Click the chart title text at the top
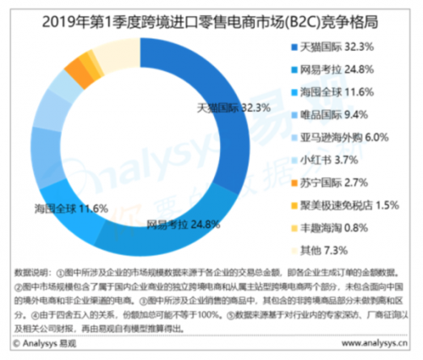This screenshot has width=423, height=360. (x=211, y=14)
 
